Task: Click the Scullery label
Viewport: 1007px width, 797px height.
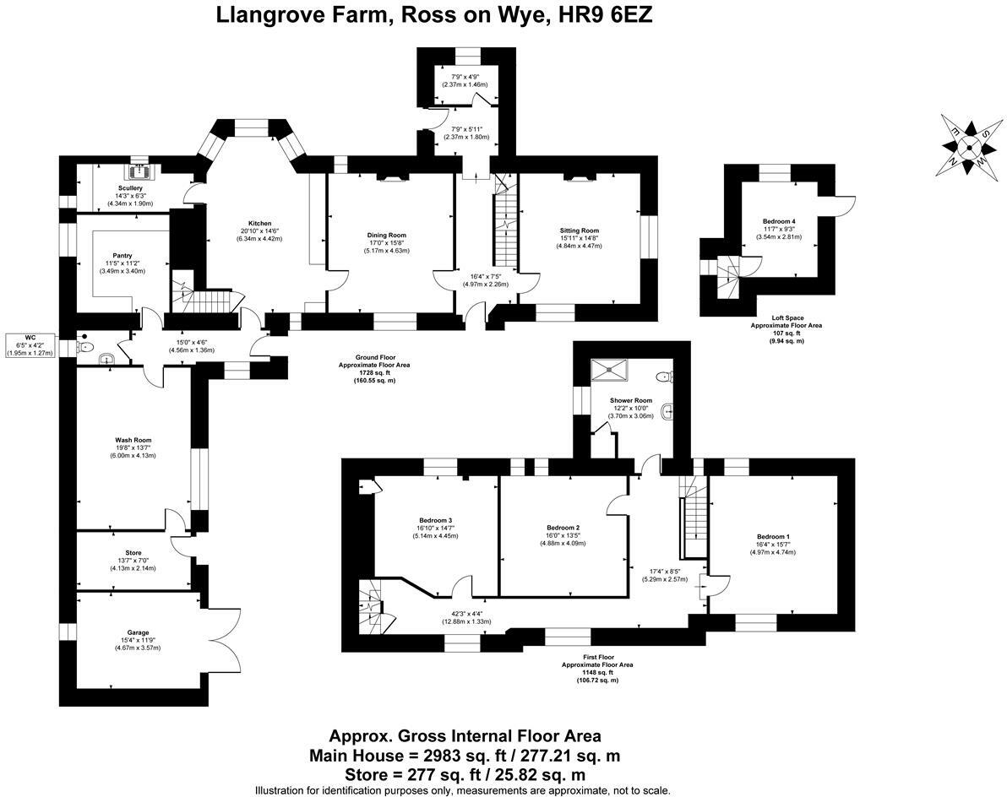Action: [130, 188]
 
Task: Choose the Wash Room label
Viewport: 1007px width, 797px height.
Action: [133, 440]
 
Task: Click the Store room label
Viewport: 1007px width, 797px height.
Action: [133, 553]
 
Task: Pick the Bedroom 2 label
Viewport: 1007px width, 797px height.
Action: [562, 528]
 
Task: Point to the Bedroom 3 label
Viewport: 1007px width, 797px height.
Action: [435, 520]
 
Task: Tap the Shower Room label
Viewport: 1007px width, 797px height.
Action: [631, 400]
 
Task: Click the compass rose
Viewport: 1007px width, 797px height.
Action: [970, 148]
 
